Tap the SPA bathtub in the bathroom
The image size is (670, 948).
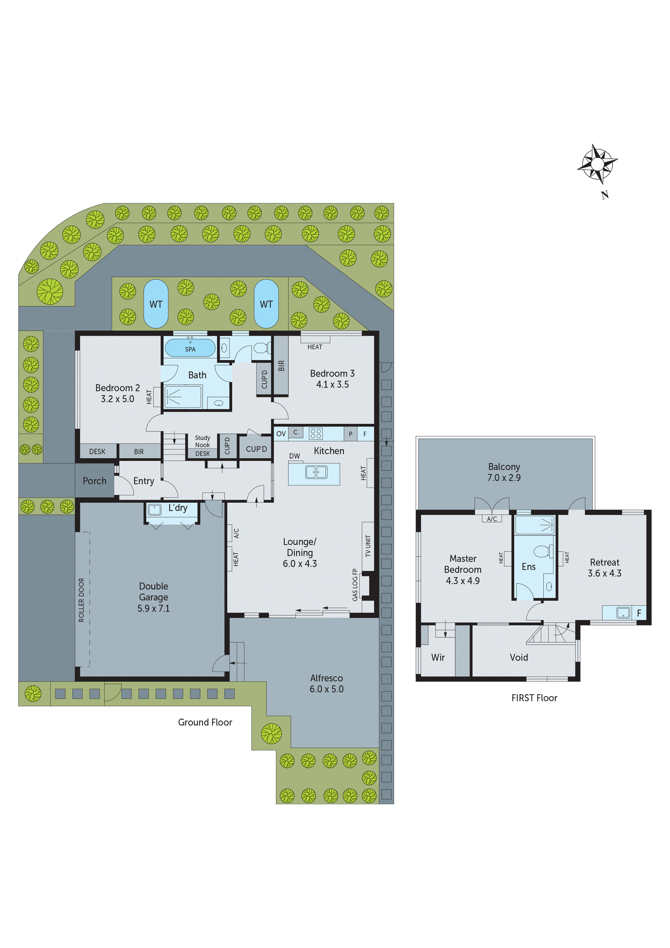190,348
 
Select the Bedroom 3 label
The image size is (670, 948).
332,373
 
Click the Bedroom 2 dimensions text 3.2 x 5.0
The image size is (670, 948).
117,399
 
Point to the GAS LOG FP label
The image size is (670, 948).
355,585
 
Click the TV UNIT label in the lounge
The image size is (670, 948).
368,546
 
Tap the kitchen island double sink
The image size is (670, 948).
316,472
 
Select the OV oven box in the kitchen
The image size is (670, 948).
281,433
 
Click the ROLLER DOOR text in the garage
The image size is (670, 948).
81,599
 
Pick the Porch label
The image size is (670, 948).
95,480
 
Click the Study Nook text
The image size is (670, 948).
202,441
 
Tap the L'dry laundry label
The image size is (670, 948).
177,508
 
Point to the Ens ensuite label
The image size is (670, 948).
528,566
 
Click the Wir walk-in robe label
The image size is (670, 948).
438,657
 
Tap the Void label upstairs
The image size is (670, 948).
518,657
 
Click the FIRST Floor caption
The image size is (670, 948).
534,698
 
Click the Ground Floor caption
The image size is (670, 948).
205,722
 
